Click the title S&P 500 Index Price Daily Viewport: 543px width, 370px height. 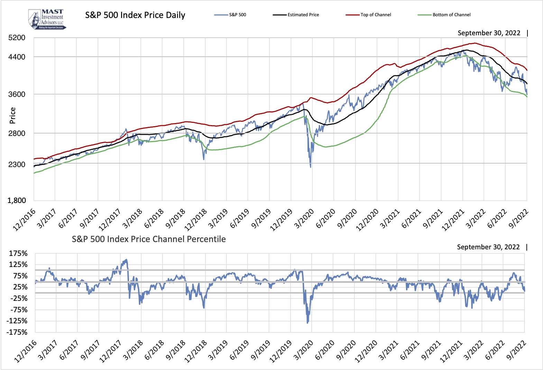[x=135, y=15]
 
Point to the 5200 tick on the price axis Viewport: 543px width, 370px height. [x=17, y=38]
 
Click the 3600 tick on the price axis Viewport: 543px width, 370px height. [x=17, y=94]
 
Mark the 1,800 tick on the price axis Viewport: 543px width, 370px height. [x=17, y=201]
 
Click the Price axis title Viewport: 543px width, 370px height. [x=13, y=115]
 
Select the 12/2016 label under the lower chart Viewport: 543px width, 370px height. [x=25, y=351]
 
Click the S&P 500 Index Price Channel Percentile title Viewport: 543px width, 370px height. [x=149, y=239]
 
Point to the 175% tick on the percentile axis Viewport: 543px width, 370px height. [x=18, y=253]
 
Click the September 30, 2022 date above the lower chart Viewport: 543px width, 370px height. [x=488, y=247]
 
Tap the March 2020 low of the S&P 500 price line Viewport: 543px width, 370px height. [x=311, y=167]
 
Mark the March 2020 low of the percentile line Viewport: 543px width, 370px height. [x=307, y=323]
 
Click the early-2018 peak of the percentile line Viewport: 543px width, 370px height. [x=126, y=260]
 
